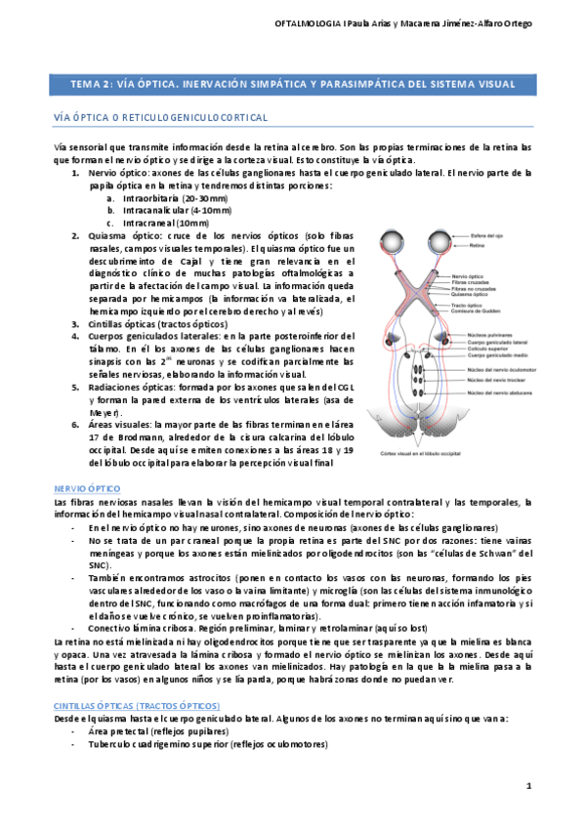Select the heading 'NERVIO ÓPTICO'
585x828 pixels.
[x=87, y=486]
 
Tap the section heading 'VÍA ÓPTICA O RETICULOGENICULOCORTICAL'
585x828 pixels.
[x=160, y=117]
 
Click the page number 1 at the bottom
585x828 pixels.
[x=528, y=785]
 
